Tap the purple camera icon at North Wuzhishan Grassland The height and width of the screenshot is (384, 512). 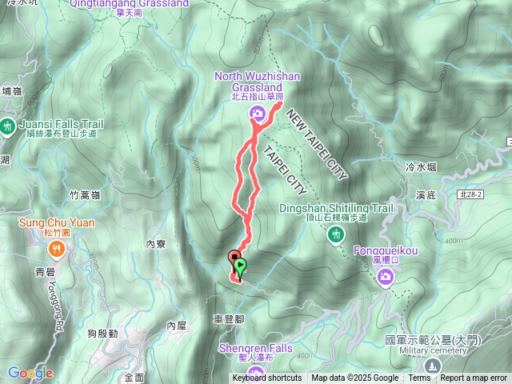[x=257, y=113]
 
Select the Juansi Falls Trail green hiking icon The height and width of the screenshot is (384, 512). [x=7, y=125]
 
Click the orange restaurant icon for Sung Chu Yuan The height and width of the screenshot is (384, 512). [x=55, y=249]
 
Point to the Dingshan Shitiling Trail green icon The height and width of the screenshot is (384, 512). [x=336, y=233]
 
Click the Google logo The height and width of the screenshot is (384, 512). [x=30, y=373]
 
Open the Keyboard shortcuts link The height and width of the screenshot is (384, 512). [x=267, y=378]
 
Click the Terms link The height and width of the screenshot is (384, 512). [x=419, y=378]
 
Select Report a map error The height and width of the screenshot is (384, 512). [x=474, y=378]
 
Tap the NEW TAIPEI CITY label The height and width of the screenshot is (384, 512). [x=315, y=144]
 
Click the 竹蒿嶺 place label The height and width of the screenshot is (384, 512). [x=84, y=195]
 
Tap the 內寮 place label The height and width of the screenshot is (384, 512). [x=156, y=245]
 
